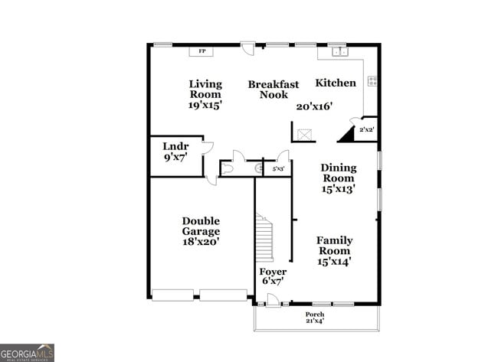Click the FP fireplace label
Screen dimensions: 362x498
pyautogui.click(x=202, y=51)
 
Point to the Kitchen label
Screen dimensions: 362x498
pyautogui.click(x=336, y=83)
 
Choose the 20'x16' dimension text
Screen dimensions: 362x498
pyautogui.click(x=314, y=106)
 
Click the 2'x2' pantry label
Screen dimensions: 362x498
pyautogui.click(x=368, y=130)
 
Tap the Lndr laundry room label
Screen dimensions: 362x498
pyautogui.click(x=175, y=145)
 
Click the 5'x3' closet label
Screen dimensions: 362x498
pyautogui.click(x=278, y=168)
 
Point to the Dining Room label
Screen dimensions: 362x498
pyautogui.click(x=338, y=173)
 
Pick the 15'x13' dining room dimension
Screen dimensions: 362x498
pyautogui.click(x=338, y=188)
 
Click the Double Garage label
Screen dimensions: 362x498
pyautogui.click(x=201, y=226)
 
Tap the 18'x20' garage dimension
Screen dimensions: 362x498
pyautogui.click(x=201, y=241)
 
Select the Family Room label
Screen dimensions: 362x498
pyautogui.click(x=334, y=245)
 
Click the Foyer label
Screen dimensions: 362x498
pyautogui.click(x=273, y=272)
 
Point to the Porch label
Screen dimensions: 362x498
pyautogui.click(x=315, y=315)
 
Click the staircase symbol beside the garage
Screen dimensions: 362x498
pyautogui.click(x=264, y=238)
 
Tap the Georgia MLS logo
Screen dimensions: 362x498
pyautogui.click(x=28, y=352)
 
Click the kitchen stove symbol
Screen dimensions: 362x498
pyautogui.click(x=372, y=80)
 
